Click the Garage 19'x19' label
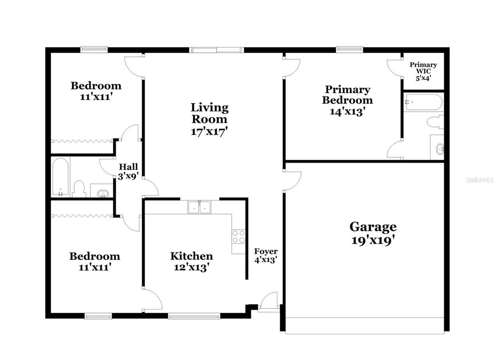(373, 233)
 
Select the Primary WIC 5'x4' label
(423, 71)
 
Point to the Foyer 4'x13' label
(266, 256)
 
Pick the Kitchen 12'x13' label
(191, 261)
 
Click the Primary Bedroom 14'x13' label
(348, 100)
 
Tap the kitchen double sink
(199, 207)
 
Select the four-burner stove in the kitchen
(239, 236)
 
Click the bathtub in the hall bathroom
(61, 177)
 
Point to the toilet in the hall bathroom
(79, 189)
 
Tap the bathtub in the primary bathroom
(423, 102)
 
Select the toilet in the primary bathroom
(436, 122)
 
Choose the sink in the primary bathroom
(439, 148)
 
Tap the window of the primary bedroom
(349, 49)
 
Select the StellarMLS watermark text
(480, 180)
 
